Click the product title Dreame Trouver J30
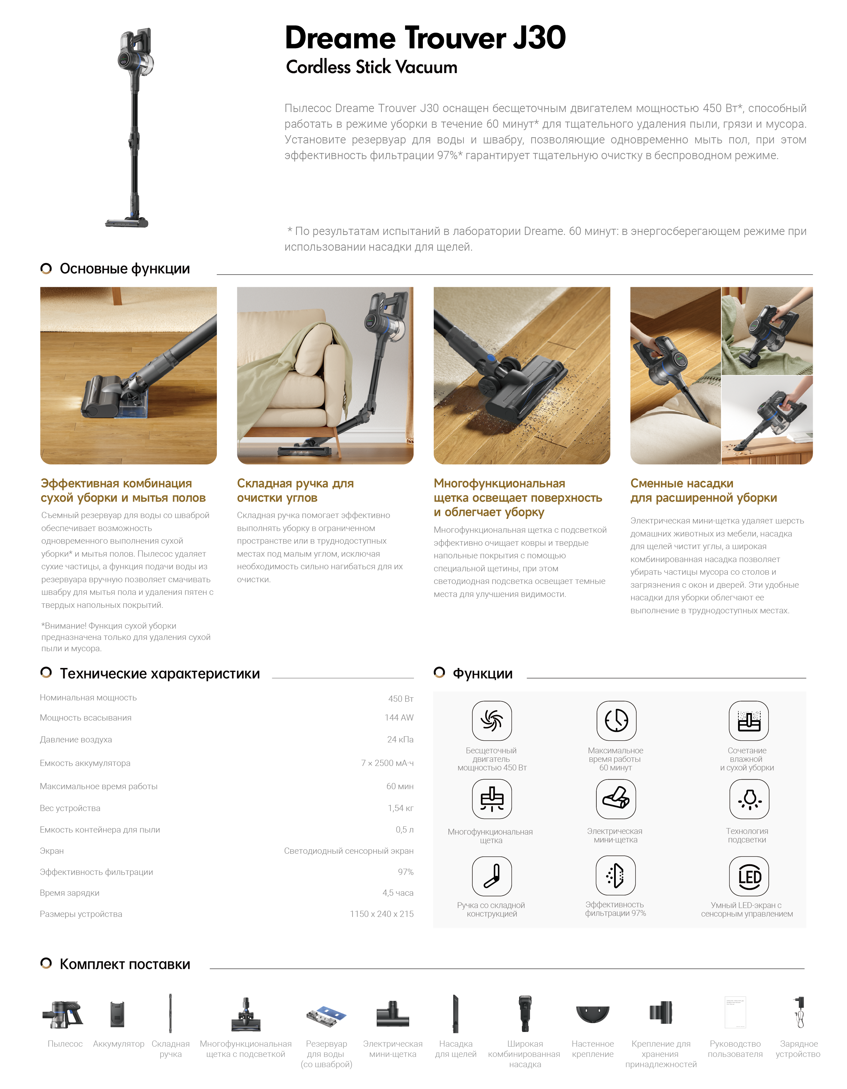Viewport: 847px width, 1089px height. (425, 38)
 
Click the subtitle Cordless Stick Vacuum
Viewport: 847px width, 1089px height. (372, 67)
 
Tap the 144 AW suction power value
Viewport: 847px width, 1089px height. (399, 717)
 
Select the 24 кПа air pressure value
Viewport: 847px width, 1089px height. (400, 739)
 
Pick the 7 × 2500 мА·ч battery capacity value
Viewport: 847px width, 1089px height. (387, 763)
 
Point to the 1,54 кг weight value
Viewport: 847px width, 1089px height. (401, 808)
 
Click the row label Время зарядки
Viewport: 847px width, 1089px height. (70, 893)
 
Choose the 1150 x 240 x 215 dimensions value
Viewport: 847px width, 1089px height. (381, 914)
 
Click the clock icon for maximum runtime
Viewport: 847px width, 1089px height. (616, 721)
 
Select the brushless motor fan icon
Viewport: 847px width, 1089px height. (492, 721)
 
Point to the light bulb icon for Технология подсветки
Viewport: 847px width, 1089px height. (749, 799)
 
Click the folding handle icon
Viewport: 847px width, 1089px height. (492, 876)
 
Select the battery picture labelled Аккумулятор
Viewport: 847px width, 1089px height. (117, 1014)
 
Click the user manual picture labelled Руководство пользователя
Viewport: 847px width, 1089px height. (735, 1012)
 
